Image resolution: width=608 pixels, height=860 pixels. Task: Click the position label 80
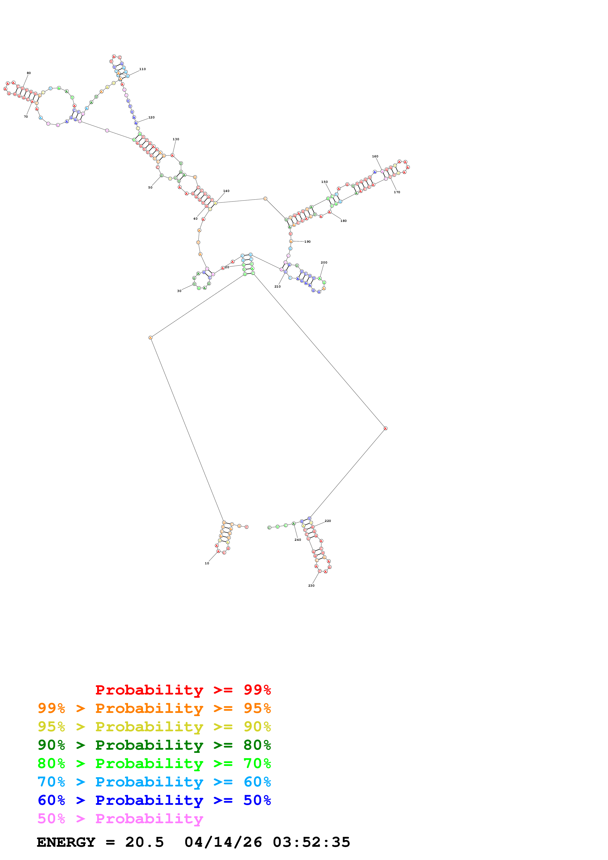29,73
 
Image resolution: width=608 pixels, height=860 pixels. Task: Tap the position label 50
150,188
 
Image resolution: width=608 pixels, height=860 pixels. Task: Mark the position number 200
324,263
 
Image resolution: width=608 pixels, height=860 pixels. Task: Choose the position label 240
298,540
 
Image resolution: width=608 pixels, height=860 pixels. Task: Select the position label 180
344,221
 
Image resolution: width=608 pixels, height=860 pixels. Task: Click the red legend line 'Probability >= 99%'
183,690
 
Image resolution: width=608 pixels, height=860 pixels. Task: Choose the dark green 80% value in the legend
257,745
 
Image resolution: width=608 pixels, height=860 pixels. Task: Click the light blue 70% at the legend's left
51,782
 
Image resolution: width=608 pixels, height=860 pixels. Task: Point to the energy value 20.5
145,842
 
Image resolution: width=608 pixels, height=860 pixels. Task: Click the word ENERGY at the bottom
66,842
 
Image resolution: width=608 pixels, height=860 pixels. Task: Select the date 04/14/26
223,842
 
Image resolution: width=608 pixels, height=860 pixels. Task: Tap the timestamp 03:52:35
311,842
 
